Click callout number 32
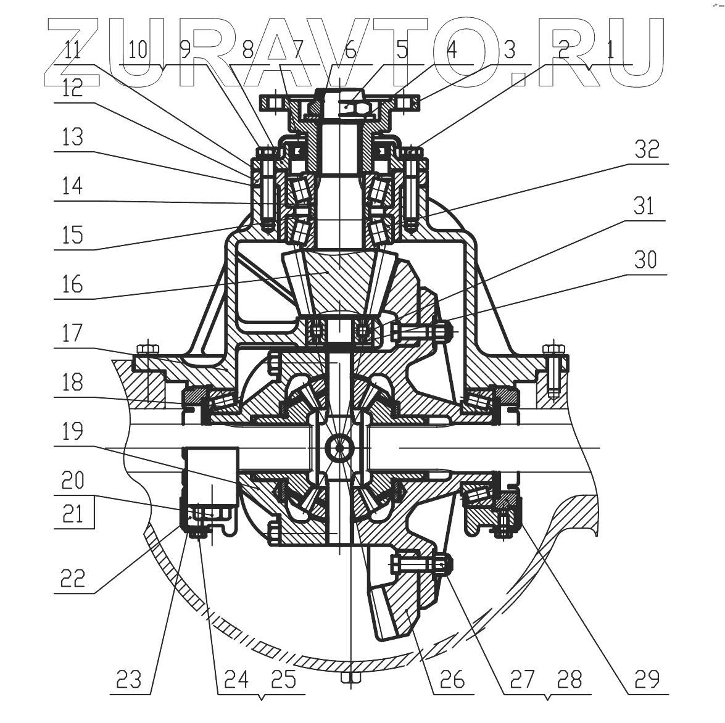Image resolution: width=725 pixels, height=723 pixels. click(x=647, y=150)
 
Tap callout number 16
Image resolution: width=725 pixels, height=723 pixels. click(x=73, y=285)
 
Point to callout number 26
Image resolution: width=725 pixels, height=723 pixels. click(x=452, y=679)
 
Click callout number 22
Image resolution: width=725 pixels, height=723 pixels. click(x=73, y=578)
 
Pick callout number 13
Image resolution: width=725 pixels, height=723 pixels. click(x=73, y=137)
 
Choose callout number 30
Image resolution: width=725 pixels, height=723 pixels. click(x=645, y=260)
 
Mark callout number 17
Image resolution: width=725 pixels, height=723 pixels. click(x=73, y=333)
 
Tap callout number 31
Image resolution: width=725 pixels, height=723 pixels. click(x=644, y=205)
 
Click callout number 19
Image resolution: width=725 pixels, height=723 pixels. click(x=73, y=431)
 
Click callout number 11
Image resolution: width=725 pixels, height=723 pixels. click(x=73, y=49)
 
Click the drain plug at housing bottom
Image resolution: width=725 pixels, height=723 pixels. click(x=350, y=678)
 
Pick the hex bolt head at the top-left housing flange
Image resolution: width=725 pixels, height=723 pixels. click(x=147, y=349)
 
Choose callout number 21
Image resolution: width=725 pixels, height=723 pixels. click(x=73, y=513)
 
